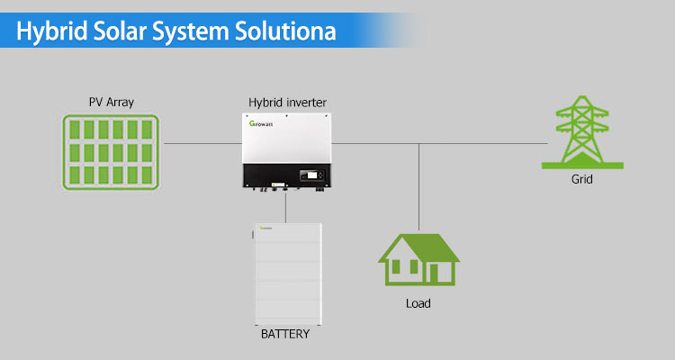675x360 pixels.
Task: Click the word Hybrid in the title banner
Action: point(51,31)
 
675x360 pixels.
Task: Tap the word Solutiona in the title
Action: point(285,31)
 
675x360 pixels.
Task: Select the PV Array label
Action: point(112,103)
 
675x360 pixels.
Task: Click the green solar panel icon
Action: point(111,152)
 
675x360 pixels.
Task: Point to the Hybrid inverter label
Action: point(287,103)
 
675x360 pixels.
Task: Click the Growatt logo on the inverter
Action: point(261,123)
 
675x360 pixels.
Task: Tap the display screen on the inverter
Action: point(311,175)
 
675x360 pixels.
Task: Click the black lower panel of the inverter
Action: point(287,175)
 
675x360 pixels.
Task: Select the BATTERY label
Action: point(285,334)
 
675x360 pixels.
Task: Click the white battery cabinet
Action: point(288,274)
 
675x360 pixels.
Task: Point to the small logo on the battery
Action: point(265,228)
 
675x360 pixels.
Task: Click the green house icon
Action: point(418,259)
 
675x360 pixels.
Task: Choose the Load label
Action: point(418,303)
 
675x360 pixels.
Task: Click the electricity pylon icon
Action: point(582,132)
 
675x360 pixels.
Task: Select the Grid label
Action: point(582,179)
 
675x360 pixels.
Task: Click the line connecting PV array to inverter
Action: point(202,143)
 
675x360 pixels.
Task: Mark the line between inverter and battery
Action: point(285,208)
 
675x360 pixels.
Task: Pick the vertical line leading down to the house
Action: point(418,187)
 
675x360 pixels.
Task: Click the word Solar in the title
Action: point(118,31)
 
